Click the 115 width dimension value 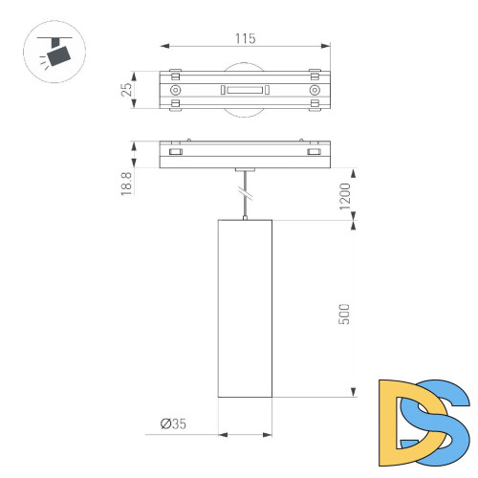click(x=245, y=38)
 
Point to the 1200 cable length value click(x=344, y=197)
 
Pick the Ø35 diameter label click(x=174, y=422)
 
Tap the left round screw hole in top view click(x=175, y=91)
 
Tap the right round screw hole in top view click(x=314, y=91)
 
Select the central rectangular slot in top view click(x=245, y=91)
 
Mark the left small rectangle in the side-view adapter click(x=175, y=152)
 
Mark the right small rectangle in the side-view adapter click(x=314, y=152)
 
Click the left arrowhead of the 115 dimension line click(x=163, y=46)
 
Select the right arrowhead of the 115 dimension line click(x=326, y=46)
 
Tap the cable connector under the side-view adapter click(x=245, y=171)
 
